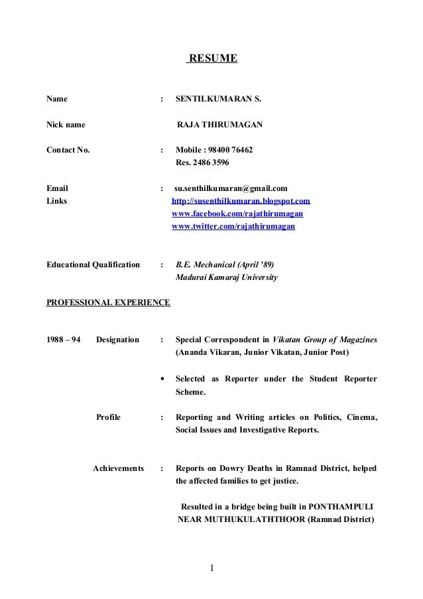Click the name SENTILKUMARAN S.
[x=218, y=100]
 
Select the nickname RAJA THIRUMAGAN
[x=219, y=125]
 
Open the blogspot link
[x=241, y=200]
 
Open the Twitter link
[x=233, y=226]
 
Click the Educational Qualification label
[x=93, y=265]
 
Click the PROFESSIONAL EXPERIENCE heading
[x=108, y=302]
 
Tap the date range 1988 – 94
[x=64, y=340]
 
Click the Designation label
[x=117, y=340]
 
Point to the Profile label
[x=109, y=417]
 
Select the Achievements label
[x=118, y=468]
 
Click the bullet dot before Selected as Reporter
[x=163, y=379]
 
